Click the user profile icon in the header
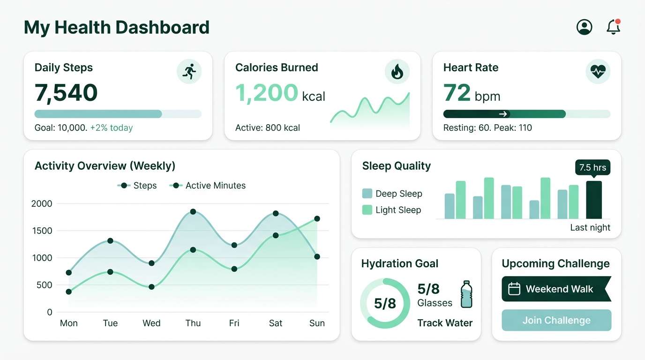click(x=584, y=27)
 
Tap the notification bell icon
click(x=613, y=27)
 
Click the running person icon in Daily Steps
click(x=189, y=72)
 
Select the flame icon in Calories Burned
click(x=397, y=72)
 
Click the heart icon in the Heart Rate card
click(x=598, y=72)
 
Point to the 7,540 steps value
click(x=66, y=92)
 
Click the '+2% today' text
click(x=112, y=127)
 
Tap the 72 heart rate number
click(x=457, y=92)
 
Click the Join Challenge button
click(x=556, y=320)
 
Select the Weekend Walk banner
click(x=556, y=289)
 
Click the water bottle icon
click(x=466, y=294)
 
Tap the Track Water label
click(x=445, y=322)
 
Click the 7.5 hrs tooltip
click(x=592, y=167)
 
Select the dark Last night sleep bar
click(x=594, y=200)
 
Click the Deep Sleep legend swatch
click(x=367, y=194)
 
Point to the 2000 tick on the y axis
click(x=42, y=203)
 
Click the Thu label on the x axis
click(x=193, y=323)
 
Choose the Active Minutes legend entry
click(x=209, y=186)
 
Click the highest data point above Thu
click(x=193, y=212)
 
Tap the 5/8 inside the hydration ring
click(x=385, y=303)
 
